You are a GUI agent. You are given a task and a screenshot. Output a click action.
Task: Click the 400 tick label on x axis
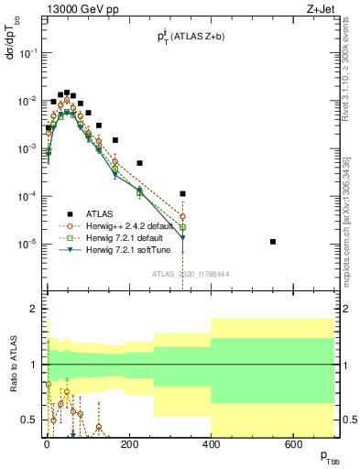pos(211,444)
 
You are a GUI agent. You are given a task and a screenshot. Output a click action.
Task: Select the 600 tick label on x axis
pos(293,444)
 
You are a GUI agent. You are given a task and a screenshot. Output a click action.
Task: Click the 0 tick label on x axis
pos(47,444)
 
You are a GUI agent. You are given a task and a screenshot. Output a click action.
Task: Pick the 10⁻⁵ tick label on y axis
pos(29,244)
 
